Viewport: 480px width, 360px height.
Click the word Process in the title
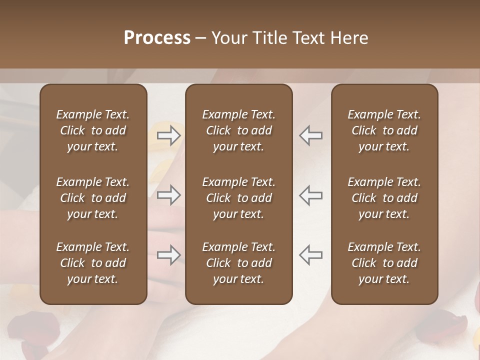tap(157, 38)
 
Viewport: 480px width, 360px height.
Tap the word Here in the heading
tap(349, 38)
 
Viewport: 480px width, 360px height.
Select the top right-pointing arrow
tap(169, 135)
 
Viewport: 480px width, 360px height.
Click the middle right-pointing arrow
tap(169, 195)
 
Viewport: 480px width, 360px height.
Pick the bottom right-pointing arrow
tap(169, 255)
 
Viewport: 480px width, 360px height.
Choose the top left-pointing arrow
tap(311, 135)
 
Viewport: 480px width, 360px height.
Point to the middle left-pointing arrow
tap(311, 195)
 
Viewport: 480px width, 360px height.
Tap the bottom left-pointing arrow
tap(311, 255)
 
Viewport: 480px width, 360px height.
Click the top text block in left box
tap(93, 130)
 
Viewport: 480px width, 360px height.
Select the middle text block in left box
tap(93, 198)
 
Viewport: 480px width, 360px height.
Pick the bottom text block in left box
tap(93, 263)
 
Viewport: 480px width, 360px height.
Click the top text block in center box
tap(239, 130)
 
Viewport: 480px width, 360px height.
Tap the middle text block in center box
tap(239, 198)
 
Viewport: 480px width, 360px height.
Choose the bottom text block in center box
tap(239, 263)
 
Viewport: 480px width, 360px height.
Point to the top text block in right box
tap(384, 130)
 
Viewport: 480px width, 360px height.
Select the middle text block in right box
tap(384, 198)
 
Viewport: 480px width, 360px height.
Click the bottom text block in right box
tap(384, 263)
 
